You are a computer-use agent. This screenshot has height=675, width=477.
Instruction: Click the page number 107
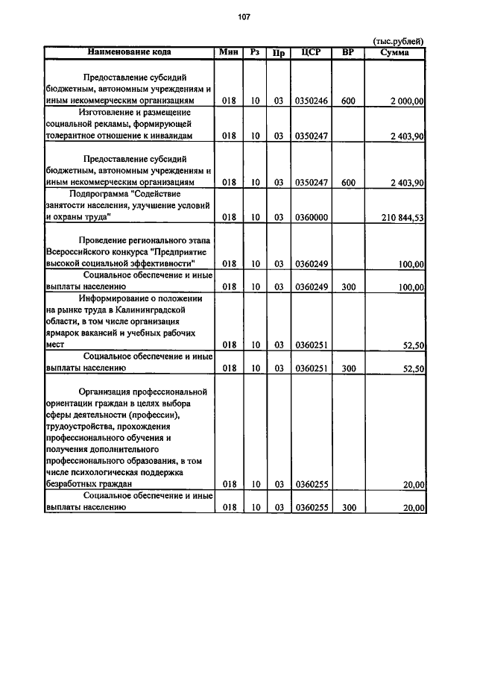coord(243,17)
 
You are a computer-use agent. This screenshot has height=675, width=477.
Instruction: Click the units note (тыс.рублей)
coord(398,41)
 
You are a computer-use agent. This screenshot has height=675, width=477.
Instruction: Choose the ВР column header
coord(348,52)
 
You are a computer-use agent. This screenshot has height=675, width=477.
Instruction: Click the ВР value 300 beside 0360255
coord(348,508)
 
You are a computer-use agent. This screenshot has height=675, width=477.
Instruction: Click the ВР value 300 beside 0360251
coord(348,368)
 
